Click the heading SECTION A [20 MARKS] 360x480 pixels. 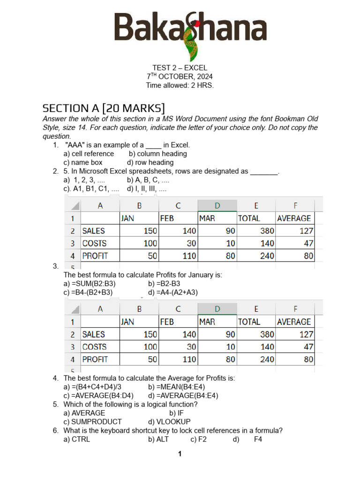(104, 108)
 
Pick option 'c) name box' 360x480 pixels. (83, 163)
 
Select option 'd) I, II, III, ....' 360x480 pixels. (147, 189)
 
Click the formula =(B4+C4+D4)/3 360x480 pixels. (95, 387)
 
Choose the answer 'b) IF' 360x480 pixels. (177, 413)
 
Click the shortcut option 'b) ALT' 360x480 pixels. (158, 440)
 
